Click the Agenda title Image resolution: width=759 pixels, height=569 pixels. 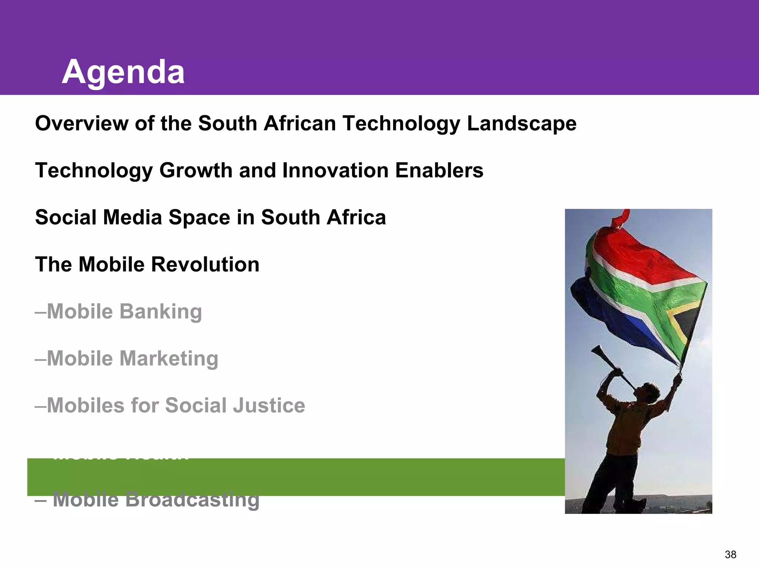click(123, 72)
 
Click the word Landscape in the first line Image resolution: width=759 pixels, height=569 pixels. click(521, 123)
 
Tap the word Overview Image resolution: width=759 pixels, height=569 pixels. click(82, 123)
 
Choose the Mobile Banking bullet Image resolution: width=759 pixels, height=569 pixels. click(119, 312)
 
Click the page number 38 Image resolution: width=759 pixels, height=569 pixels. click(730, 555)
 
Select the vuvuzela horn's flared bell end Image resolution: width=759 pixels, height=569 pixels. click(596, 350)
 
